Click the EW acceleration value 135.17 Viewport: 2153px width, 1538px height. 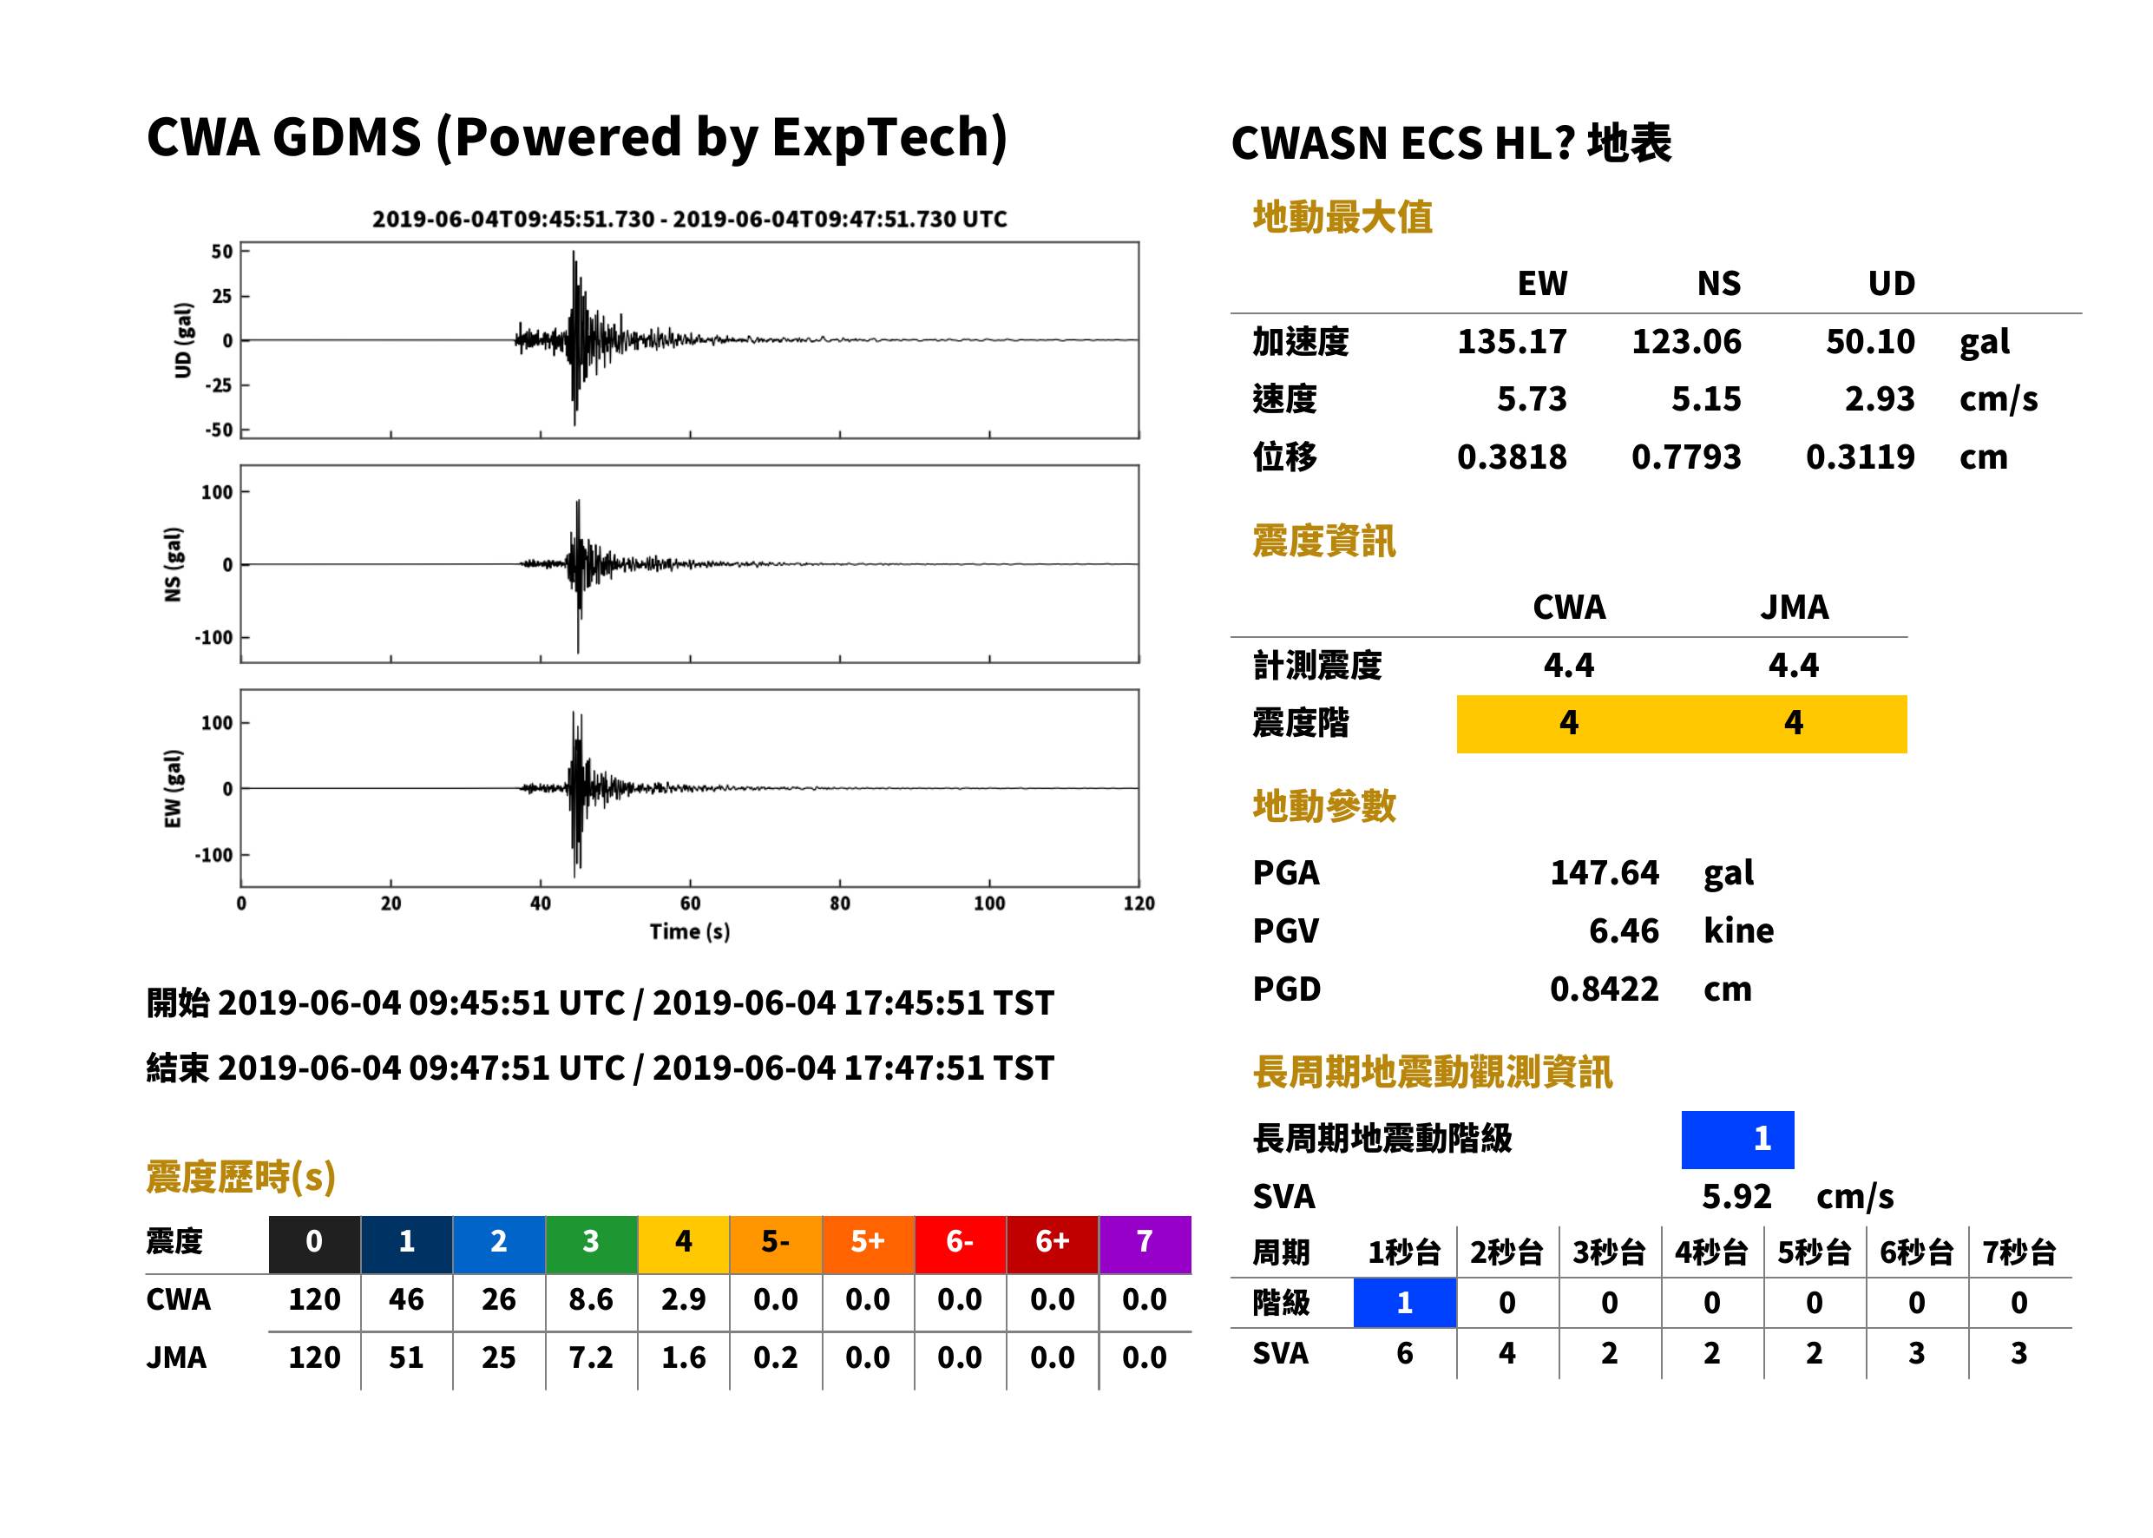[1511, 342]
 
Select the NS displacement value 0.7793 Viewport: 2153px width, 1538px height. [1685, 457]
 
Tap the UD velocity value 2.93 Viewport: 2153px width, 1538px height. [1880, 399]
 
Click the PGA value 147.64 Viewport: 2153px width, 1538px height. [1604, 873]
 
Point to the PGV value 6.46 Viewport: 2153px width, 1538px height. [1624, 931]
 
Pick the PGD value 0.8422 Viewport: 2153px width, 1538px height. [1604, 989]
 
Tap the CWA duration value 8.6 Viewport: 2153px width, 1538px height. [591, 1299]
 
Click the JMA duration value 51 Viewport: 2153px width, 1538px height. [406, 1358]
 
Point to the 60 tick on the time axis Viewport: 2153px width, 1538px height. [690, 904]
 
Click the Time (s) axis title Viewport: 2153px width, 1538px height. [689, 932]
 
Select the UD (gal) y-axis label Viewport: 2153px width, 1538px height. [183, 341]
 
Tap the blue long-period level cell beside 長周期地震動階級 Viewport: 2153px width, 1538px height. [1737, 1140]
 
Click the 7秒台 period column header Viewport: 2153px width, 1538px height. [2018, 1253]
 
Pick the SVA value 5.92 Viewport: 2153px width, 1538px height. [1736, 1197]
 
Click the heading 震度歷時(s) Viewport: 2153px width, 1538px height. [240, 1177]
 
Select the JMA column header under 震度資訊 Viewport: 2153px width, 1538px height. [1795, 607]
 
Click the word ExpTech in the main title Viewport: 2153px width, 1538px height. [889, 137]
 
